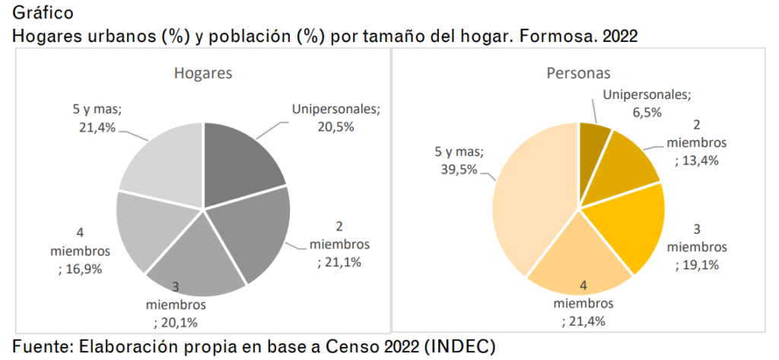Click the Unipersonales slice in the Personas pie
click(593, 142)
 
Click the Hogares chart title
click(202, 73)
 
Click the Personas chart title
click(578, 73)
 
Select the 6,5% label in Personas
click(647, 112)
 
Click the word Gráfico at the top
click(43, 12)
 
